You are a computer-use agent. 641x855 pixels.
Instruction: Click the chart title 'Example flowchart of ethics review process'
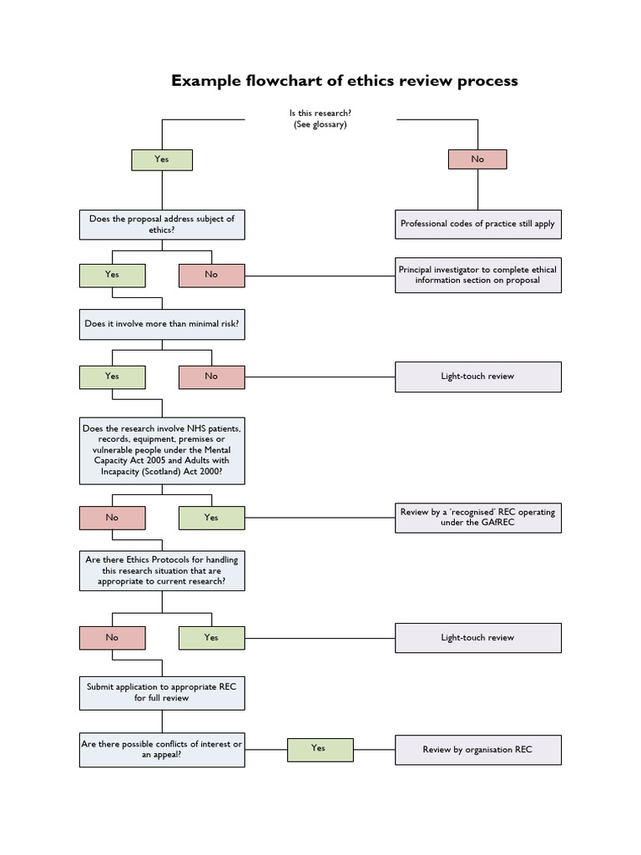coord(345,81)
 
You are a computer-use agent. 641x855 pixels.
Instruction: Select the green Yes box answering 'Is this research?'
coord(162,159)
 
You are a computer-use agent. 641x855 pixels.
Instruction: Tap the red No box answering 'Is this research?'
coord(477,159)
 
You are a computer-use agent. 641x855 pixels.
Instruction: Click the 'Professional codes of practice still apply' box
coord(477,224)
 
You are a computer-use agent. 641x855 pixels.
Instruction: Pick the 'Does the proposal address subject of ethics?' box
coord(162,224)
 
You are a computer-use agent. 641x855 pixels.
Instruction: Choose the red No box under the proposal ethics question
coord(211,275)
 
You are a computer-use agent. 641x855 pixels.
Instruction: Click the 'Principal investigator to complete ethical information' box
coord(477,275)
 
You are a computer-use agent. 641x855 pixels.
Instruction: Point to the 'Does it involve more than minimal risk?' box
coord(162,323)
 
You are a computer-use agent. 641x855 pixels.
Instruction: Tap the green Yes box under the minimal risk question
coord(112,377)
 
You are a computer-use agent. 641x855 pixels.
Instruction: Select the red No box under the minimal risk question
coord(211,377)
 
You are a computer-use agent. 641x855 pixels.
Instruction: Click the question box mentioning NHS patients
coord(162,451)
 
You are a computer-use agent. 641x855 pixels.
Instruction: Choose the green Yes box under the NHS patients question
coord(211,518)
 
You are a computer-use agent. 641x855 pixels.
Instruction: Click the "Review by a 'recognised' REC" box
coord(477,518)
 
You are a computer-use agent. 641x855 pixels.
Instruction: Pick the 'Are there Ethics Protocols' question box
coord(162,570)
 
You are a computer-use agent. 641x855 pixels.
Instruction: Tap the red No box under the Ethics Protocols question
coord(112,638)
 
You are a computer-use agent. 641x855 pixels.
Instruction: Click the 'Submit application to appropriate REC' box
coord(162,692)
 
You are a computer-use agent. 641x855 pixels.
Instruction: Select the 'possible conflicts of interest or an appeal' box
coord(162,749)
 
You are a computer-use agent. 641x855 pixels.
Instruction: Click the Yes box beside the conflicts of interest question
coord(318,749)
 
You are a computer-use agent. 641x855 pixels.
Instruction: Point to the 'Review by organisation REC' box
coord(477,750)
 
